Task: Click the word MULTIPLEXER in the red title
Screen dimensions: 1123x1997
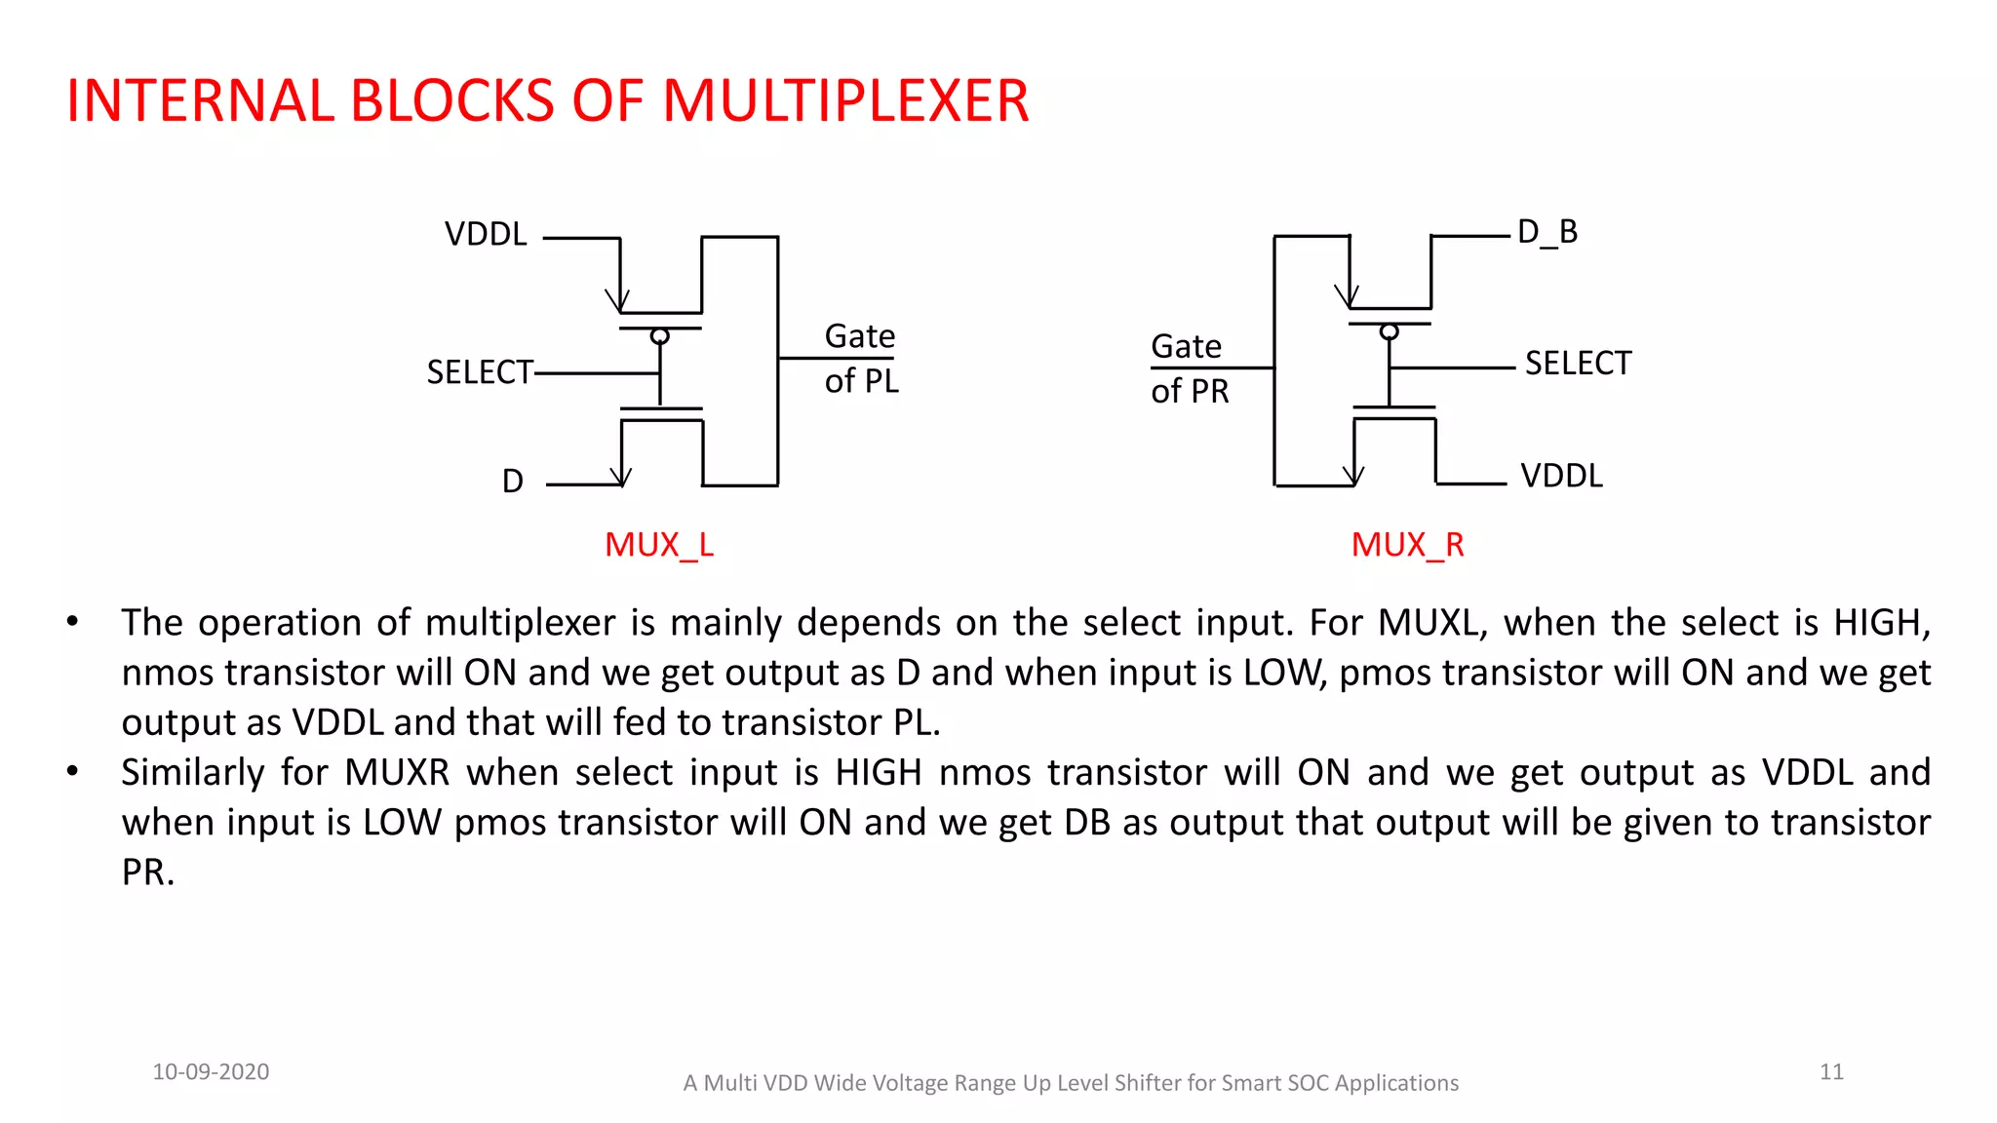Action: (x=844, y=100)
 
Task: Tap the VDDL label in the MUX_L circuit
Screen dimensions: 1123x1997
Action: (x=486, y=235)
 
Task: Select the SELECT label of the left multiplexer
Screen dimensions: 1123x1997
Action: (x=480, y=372)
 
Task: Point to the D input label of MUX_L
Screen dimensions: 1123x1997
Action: (x=513, y=482)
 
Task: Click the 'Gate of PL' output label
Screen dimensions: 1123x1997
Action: (x=860, y=359)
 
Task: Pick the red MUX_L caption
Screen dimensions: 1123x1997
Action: (x=659, y=545)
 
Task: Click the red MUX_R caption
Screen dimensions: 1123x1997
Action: (x=1407, y=545)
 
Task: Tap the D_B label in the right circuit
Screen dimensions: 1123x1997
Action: (x=1547, y=232)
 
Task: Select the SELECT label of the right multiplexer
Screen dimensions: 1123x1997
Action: (x=1578, y=364)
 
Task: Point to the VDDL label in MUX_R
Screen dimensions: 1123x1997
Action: (x=1561, y=476)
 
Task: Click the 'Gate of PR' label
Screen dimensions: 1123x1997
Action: (x=1188, y=368)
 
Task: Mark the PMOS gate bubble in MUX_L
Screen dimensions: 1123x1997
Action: (x=660, y=336)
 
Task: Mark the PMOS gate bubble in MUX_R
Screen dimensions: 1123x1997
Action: (x=1390, y=332)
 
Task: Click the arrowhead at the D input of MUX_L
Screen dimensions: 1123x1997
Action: (x=621, y=477)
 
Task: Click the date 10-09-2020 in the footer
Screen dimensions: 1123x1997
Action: (x=211, y=1072)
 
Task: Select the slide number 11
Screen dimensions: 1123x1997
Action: (x=1831, y=1072)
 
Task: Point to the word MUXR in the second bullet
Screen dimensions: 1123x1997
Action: (x=397, y=773)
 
